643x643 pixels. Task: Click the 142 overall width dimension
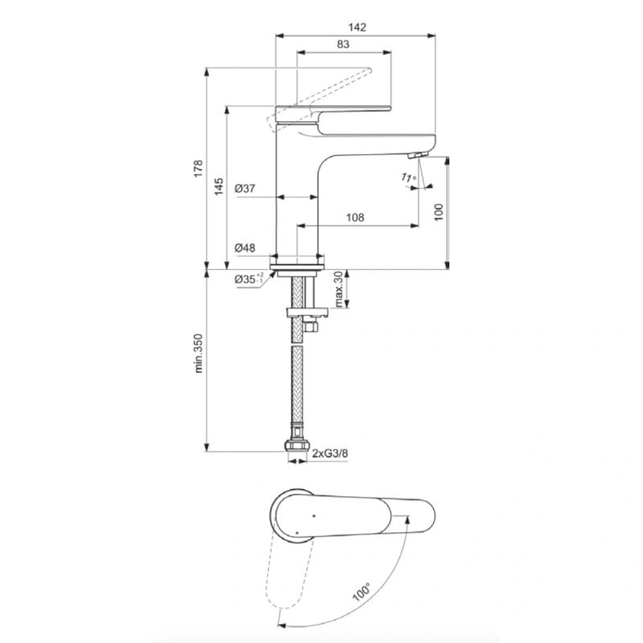(x=357, y=27)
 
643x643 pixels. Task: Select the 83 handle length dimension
(x=343, y=44)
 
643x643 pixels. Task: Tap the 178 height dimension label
(x=199, y=168)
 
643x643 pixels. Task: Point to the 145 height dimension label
(x=219, y=186)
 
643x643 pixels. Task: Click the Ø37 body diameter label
(x=245, y=189)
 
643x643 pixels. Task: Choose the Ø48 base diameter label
(x=245, y=248)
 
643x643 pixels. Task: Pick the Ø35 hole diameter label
(x=248, y=279)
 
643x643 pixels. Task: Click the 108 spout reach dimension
(x=355, y=217)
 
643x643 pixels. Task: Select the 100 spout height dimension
(x=439, y=212)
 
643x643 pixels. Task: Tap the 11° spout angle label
(x=409, y=178)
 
